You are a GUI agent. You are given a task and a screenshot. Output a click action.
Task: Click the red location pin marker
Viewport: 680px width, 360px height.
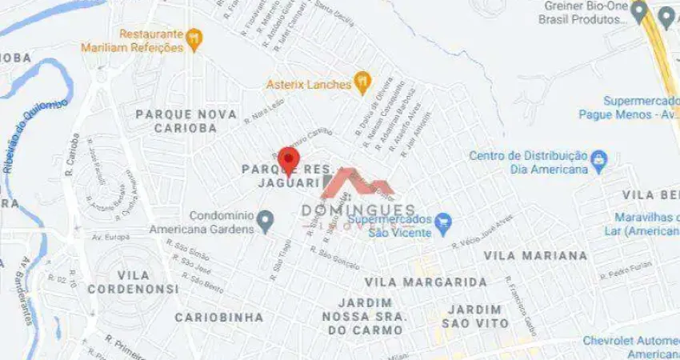click(x=288, y=160)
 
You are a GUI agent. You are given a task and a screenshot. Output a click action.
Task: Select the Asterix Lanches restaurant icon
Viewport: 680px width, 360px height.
click(x=362, y=81)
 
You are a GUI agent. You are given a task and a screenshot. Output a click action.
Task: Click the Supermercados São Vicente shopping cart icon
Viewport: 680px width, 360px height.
click(x=443, y=222)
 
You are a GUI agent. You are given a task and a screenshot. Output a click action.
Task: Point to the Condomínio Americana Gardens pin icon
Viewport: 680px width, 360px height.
click(x=266, y=219)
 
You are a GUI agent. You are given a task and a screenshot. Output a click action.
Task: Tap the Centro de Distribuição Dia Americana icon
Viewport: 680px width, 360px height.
click(x=598, y=162)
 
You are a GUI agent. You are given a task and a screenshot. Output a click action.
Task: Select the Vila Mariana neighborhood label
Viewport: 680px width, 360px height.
click(x=535, y=256)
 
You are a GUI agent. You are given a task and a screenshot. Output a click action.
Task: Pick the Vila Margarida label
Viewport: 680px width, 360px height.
click(x=426, y=282)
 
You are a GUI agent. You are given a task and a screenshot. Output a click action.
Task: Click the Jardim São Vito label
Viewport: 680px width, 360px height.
click(x=478, y=316)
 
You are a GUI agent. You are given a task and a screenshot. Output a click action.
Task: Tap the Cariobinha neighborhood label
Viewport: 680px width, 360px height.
click(x=219, y=318)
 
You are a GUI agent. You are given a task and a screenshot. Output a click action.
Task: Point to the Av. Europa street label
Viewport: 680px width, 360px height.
click(x=111, y=238)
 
